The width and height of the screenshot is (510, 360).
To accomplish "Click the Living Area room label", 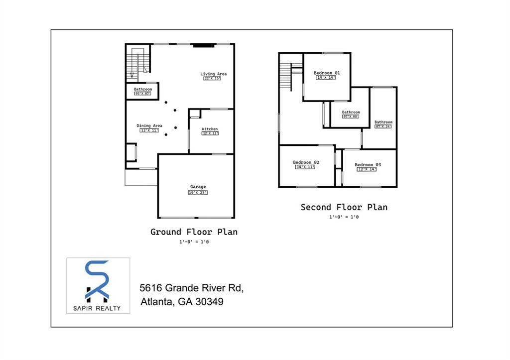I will (213, 74).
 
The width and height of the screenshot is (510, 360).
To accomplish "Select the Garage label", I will (198, 187).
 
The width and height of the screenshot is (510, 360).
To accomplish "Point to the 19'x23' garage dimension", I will (198, 192).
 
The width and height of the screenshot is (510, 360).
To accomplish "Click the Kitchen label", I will (210, 129).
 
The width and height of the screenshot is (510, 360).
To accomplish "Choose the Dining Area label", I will (149, 125).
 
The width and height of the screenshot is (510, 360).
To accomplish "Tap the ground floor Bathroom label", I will (142, 89).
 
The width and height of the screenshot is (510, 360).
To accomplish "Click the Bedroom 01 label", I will (327, 73).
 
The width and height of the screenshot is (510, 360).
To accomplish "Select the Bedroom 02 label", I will (306, 162).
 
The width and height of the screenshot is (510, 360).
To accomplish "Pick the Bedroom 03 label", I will (368, 165).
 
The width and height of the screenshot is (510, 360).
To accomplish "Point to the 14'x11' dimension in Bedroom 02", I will (306, 167).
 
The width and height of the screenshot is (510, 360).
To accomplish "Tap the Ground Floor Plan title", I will (194, 232).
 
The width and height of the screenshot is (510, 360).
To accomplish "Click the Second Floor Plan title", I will (344, 207).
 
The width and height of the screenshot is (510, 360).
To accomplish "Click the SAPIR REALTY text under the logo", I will (98, 308).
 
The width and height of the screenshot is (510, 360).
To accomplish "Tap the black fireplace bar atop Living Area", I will (204, 45).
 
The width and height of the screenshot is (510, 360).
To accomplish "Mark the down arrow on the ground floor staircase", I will (132, 75).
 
